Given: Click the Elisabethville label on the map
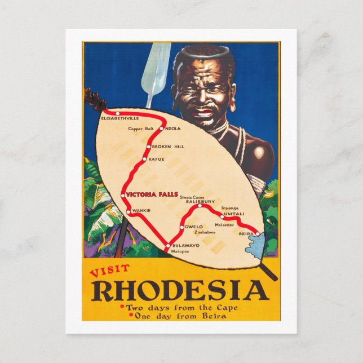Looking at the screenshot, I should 119,119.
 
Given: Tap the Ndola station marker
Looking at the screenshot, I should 161,129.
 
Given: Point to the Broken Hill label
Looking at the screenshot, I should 167,147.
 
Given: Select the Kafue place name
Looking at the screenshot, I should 157,159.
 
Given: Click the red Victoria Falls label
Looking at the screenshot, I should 152,194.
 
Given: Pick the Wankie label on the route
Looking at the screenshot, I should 141,210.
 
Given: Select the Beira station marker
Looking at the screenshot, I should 257,233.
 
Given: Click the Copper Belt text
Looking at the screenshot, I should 141,129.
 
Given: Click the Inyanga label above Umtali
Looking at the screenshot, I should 231,207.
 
